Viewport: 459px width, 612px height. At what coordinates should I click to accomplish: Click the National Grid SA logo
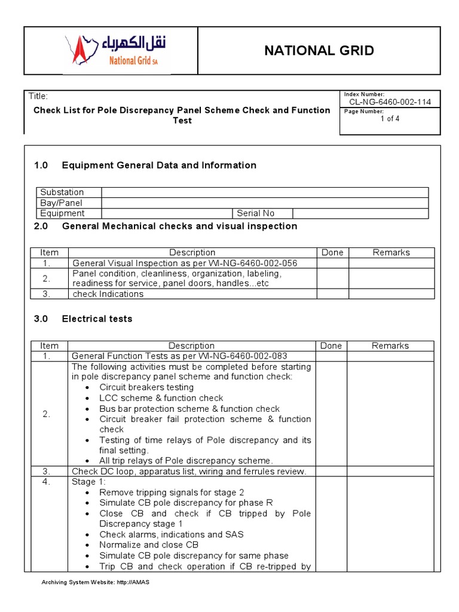coord(116,51)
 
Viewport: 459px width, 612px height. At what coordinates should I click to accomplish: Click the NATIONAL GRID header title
coord(319,51)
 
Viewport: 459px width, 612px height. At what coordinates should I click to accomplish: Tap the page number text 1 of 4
coord(390,118)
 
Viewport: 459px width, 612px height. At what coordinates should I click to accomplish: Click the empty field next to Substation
coord(265,192)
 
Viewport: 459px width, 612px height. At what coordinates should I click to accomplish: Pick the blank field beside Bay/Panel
coord(265,203)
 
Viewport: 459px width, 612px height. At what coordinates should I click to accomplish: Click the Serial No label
coord(256,213)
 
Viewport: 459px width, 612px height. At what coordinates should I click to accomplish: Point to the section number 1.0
coord(41,166)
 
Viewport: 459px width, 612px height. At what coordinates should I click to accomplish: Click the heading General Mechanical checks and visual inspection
coord(179,226)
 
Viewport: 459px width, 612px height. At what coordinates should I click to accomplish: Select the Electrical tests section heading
coord(97,319)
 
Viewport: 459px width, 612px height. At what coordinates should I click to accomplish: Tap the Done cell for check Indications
coord(332,294)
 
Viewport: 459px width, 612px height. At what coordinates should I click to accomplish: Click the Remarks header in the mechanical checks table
coord(391,253)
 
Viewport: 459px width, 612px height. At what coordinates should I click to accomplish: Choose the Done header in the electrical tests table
coord(331,345)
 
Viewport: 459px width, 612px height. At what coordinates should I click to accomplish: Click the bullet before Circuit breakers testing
coord(88,387)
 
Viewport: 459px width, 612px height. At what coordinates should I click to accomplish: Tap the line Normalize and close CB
coord(149,545)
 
